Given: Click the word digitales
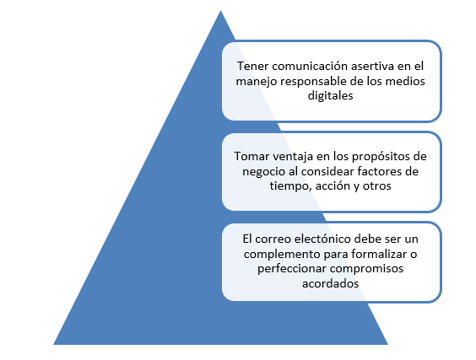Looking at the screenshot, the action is pyautogui.click(x=330, y=96).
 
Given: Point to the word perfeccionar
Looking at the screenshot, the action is pyautogui.click(x=292, y=269).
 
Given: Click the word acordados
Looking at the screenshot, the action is pyautogui.click(x=330, y=283).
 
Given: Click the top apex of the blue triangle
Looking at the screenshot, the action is pyautogui.click(x=220, y=11).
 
